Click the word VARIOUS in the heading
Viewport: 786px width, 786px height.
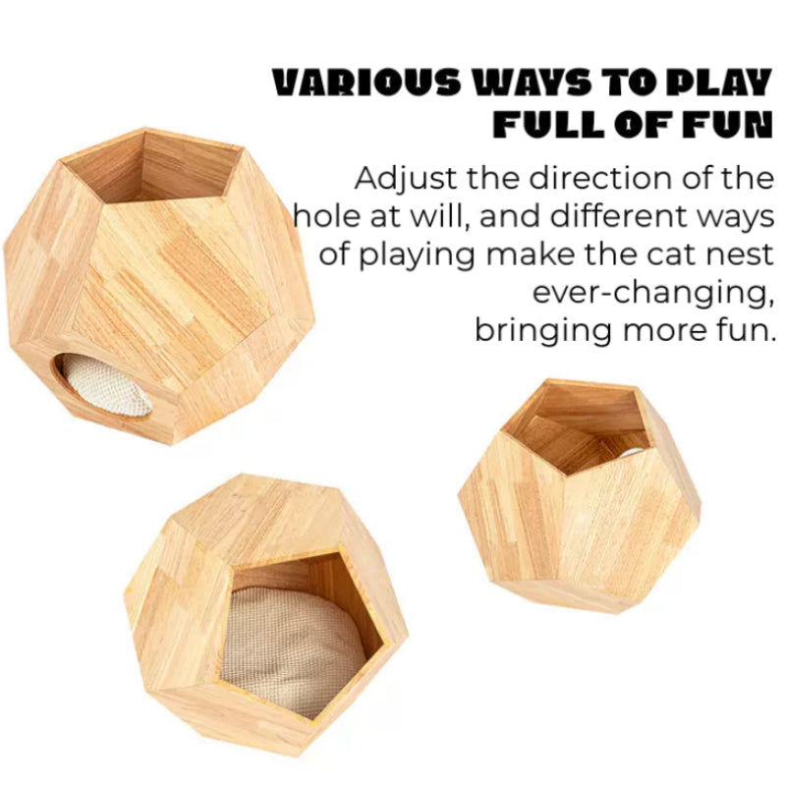tap(365, 82)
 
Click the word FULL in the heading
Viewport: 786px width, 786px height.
tap(548, 124)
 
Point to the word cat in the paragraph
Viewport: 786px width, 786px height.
tap(671, 255)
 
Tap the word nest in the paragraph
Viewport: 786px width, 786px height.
tap(739, 255)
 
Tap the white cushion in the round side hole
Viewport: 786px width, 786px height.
tap(105, 384)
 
